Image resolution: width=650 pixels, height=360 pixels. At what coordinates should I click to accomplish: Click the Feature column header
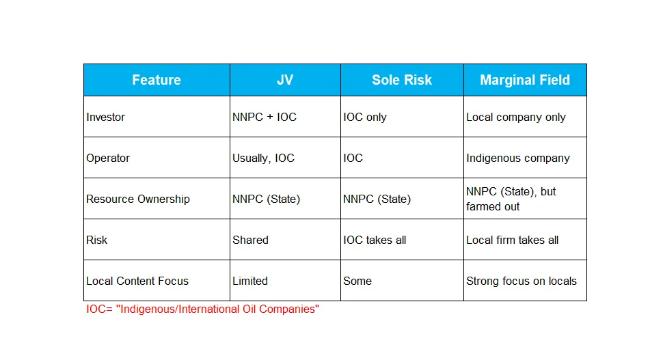pyautogui.click(x=157, y=80)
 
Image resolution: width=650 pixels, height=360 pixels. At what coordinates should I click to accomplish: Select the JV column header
pyautogui.click(x=285, y=80)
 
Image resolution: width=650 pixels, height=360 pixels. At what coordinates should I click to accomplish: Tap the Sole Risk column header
pyautogui.click(x=402, y=80)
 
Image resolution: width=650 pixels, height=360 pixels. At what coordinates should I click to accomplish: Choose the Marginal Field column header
pyautogui.click(x=525, y=80)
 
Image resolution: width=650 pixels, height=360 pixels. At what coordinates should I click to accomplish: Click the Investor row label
pyautogui.click(x=106, y=117)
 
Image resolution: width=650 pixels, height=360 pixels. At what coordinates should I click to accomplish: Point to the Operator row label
pyautogui.click(x=108, y=158)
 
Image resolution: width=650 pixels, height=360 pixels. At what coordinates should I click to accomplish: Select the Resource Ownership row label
pyautogui.click(x=138, y=199)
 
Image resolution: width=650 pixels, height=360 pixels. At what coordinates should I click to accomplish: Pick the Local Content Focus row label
pyautogui.click(x=137, y=281)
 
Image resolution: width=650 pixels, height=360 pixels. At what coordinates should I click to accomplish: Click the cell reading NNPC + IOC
pyautogui.click(x=265, y=117)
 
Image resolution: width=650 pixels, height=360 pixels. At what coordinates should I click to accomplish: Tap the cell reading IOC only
pyautogui.click(x=365, y=117)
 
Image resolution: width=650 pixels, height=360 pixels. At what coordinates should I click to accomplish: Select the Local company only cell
pyautogui.click(x=515, y=117)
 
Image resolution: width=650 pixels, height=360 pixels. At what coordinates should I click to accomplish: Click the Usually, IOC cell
pyautogui.click(x=263, y=158)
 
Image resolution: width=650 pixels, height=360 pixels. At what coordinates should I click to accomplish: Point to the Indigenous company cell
pyautogui.click(x=518, y=158)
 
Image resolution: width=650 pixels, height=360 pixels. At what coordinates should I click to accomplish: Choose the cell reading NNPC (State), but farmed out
pyautogui.click(x=511, y=199)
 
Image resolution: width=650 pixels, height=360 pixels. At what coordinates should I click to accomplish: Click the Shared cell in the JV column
pyautogui.click(x=250, y=240)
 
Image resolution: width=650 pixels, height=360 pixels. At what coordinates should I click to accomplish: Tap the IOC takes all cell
pyautogui.click(x=375, y=240)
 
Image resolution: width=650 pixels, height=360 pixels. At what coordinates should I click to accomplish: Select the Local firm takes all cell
pyautogui.click(x=513, y=240)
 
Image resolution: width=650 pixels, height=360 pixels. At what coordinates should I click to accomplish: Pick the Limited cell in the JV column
pyautogui.click(x=250, y=281)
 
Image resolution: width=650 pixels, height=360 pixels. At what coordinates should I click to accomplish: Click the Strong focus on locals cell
pyautogui.click(x=522, y=281)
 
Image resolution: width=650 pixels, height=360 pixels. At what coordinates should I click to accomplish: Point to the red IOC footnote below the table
pyautogui.click(x=203, y=309)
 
